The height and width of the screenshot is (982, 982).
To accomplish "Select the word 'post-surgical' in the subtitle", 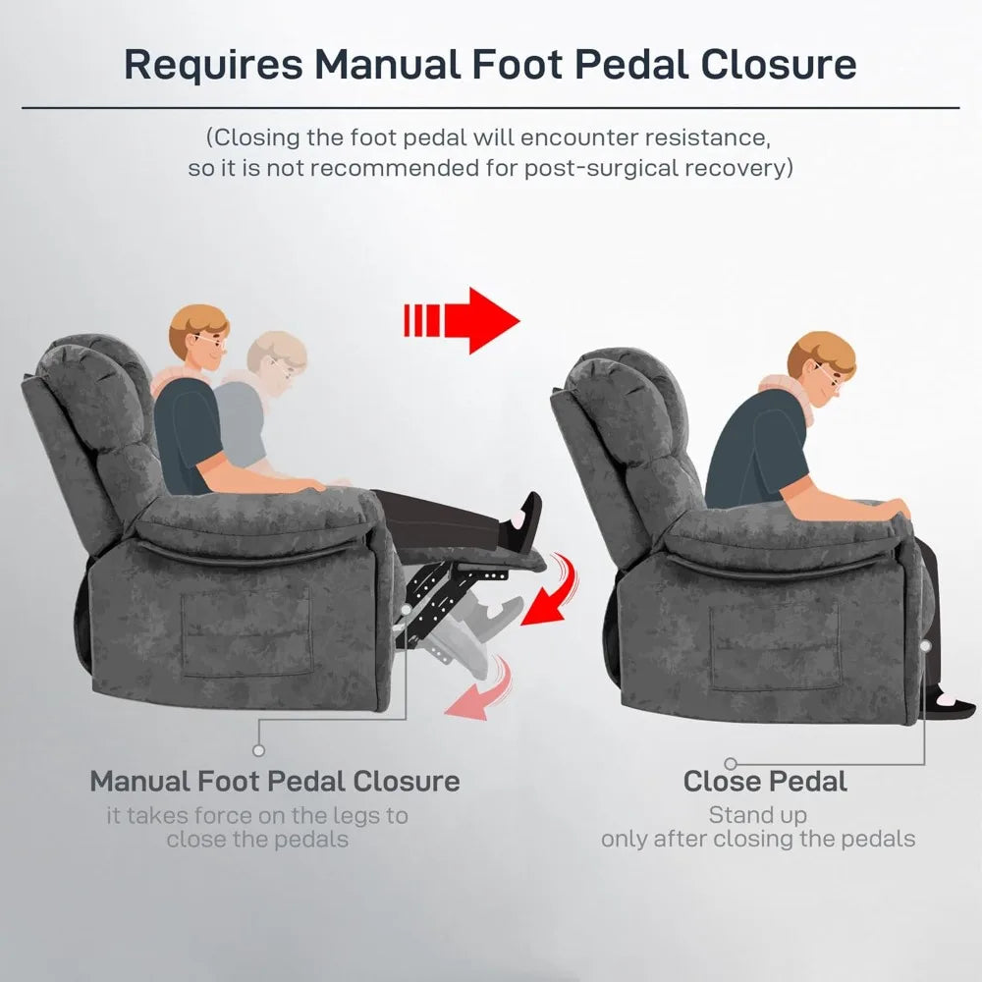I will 600,167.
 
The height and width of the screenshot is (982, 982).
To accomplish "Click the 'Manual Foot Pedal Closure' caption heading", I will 275,782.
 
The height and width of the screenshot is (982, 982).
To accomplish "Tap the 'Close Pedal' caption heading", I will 764,782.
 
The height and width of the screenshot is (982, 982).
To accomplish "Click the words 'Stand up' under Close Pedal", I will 757,815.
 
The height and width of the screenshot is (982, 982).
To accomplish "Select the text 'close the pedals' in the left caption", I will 257,840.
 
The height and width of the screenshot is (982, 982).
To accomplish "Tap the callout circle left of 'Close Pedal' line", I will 731,763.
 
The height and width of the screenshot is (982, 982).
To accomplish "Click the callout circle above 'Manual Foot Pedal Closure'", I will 258,749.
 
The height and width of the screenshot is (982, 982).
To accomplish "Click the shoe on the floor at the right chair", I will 950,704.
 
